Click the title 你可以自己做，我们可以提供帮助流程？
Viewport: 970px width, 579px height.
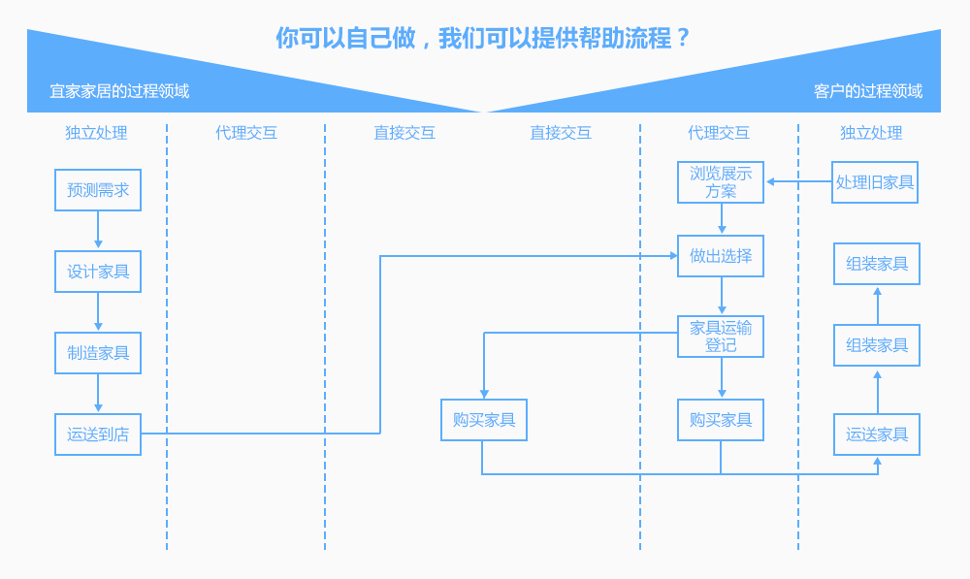point(483,39)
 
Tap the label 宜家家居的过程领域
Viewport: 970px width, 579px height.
point(119,91)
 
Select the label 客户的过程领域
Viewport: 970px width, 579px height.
point(868,91)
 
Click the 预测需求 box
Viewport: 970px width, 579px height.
point(98,190)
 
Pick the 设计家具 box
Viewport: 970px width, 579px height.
point(98,272)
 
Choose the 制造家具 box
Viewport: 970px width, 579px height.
point(98,353)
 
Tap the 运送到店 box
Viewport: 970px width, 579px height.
point(98,434)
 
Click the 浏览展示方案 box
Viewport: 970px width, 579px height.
point(721,182)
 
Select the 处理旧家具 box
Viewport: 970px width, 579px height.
point(875,182)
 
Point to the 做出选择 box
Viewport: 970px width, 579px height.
point(721,256)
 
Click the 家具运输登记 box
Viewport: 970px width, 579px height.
point(721,337)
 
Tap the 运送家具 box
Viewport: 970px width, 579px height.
point(877,434)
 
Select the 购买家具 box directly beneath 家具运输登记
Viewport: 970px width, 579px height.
point(721,420)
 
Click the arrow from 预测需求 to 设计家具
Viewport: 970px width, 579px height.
point(98,231)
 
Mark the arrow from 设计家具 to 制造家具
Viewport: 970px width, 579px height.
point(98,312)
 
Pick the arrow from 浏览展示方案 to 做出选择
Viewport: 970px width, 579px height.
point(722,219)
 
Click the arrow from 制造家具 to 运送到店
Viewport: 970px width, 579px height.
point(98,394)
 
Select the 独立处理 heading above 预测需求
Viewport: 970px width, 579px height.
point(96,133)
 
